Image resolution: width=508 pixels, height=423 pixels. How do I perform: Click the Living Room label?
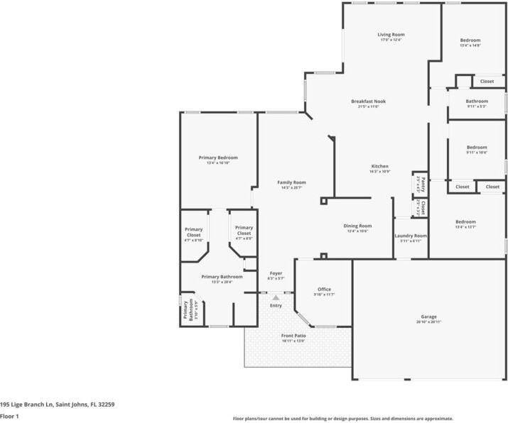pos(391,34)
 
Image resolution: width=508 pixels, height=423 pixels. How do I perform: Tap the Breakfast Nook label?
pos(368,101)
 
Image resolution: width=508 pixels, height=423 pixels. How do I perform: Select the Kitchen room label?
pos(379,166)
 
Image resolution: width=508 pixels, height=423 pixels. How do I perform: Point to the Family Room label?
pos(291,182)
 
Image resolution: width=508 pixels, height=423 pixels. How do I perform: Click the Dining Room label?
pos(357,226)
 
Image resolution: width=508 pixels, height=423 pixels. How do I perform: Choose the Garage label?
pos(428,317)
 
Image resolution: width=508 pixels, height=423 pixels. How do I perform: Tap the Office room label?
pos(324,289)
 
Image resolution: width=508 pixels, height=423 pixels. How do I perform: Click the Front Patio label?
pos(293,336)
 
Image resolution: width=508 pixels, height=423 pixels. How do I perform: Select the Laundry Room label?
pos(411,236)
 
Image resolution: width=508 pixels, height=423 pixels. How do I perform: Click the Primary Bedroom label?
pos(218,158)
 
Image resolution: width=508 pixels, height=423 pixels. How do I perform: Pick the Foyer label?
pos(276,273)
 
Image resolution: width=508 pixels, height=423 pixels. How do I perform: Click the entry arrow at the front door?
pos(276,297)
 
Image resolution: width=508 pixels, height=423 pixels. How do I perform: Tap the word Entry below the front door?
pos(276,306)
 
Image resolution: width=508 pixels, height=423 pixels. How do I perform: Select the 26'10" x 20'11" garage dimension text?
pos(428,322)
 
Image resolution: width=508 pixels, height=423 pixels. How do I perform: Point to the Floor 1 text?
pos(9,416)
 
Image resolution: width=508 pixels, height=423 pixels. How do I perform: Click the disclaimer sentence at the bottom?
pos(343,419)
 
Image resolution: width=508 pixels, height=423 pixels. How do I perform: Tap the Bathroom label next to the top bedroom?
pos(477,101)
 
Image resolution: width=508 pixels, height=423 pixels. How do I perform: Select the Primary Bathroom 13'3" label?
pos(222,277)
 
